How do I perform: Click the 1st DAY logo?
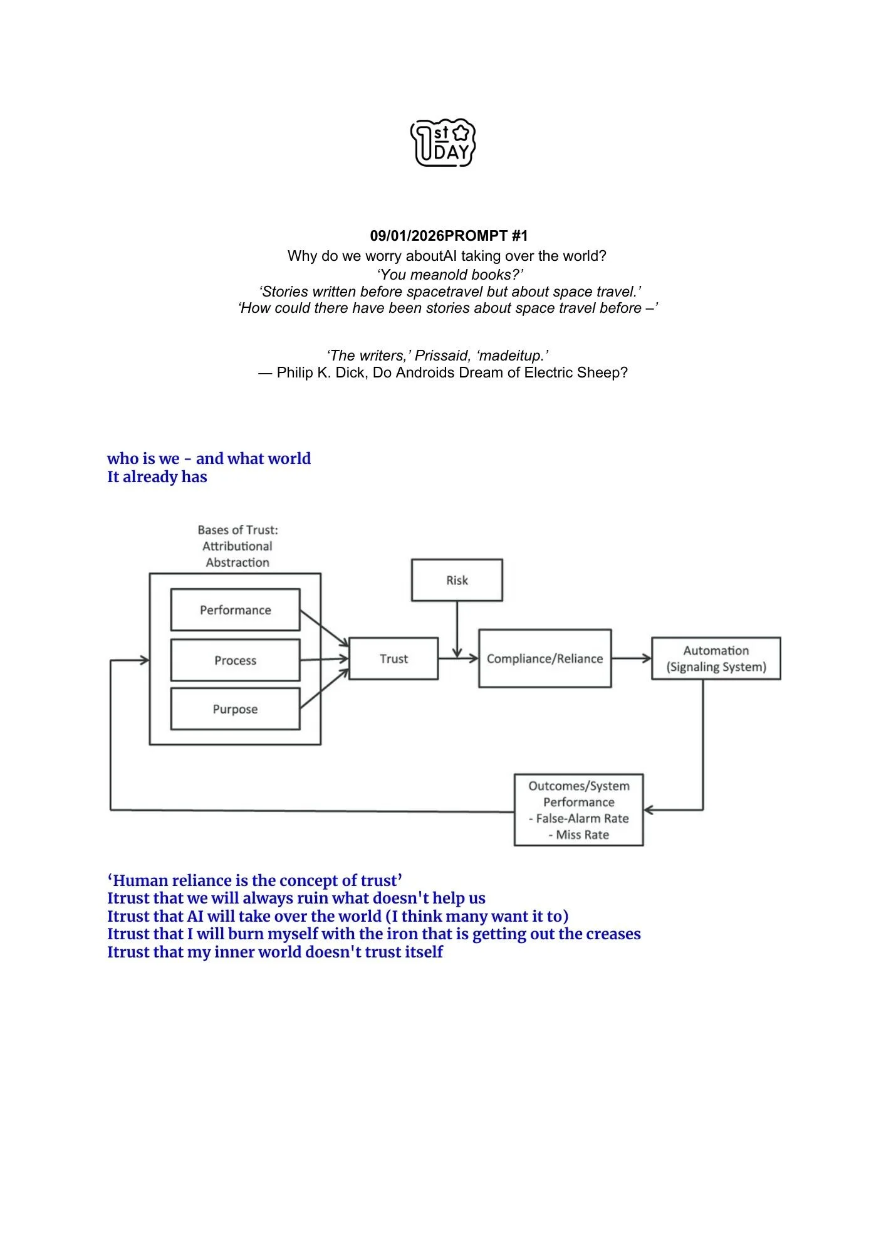[442, 144]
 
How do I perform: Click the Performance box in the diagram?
[235, 610]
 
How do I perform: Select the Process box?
[235, 660]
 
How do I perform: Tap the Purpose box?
[235, 709]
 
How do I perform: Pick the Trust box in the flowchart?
[393, 659]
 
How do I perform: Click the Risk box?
[457, 580]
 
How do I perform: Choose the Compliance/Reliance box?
[545, 659]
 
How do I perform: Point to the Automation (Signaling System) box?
[716, 658]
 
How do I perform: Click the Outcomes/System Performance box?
[578, 809]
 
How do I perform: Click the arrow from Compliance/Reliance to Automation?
[631, 658]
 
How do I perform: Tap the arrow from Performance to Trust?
[324, 628]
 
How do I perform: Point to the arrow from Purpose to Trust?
[324, 689]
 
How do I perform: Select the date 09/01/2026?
[407, 236]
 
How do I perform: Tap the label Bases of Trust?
[237, 530]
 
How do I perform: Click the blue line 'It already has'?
[157, 477]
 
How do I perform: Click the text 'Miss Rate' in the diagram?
[582, 835]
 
